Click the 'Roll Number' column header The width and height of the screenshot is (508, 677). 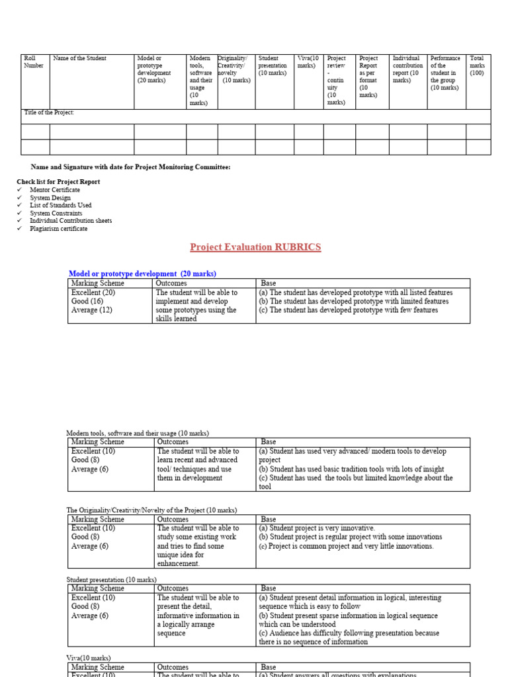(34, 62)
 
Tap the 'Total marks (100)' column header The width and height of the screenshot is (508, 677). (477, 65)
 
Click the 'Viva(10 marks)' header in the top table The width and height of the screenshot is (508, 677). (308, 62)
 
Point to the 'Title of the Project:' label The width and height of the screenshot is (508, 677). (49, 112)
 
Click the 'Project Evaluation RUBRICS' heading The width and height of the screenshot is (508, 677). (255, 247)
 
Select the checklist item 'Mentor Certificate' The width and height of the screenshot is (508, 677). (55, 190)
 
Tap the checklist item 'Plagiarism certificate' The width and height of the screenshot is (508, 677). (58, 229)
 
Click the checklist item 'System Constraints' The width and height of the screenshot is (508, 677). (56, 213)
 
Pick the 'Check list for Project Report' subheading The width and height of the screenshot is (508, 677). (58, 181)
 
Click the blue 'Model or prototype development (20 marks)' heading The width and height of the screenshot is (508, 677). (142, 274)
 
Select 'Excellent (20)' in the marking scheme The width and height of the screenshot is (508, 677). (93, 292)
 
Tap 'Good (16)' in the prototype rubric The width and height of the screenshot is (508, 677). (88, 301)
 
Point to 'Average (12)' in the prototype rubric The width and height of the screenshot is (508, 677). (91, 310)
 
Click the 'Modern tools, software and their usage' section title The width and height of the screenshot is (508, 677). (138, 433)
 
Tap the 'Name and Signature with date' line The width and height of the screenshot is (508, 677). (131, 167)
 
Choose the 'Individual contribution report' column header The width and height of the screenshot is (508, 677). (407, 69)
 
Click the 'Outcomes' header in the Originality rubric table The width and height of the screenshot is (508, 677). (172, 520)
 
